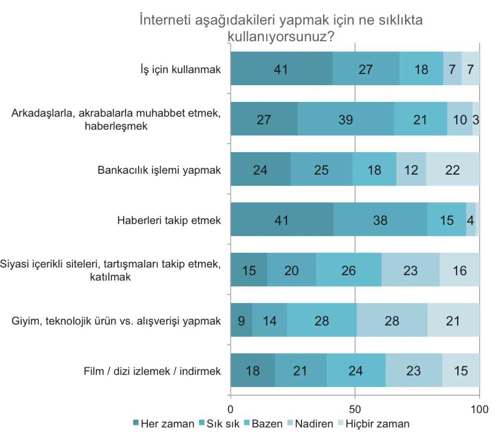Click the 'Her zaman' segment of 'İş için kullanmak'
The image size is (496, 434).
[x=281, y=69]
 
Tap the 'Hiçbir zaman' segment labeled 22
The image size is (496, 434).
[x=452, y=169]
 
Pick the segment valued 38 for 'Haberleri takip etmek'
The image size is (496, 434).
[x=380, y=220]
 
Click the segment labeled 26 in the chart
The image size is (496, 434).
[x=348, y=270]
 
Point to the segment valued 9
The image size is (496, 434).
[x=242, y=320]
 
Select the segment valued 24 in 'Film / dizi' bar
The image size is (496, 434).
[x=356, y=370]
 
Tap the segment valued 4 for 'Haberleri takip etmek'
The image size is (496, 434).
[x=471, y=220]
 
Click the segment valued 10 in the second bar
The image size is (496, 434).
[x=460, y=119]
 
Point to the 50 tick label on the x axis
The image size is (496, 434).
[x=355, y=410]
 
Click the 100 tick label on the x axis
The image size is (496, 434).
[x=479, y=410]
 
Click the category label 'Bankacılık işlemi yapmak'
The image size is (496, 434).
[x=159, y=170]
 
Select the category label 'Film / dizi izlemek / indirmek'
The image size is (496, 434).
[x=152, y=371]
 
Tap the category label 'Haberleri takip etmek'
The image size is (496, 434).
[x=169, y=220]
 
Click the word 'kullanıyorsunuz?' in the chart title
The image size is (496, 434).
[x=281, y=36]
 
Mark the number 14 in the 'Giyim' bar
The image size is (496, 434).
[x=270, y=320]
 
